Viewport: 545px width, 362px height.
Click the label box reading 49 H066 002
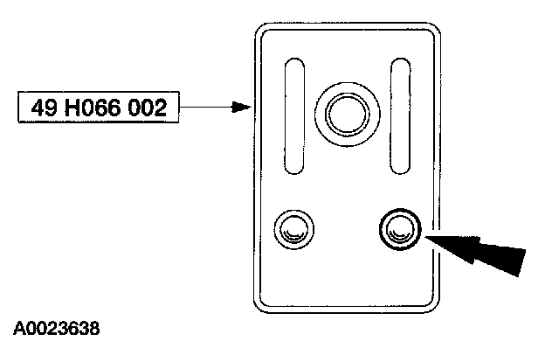pyautogui.click(x=97, y=108)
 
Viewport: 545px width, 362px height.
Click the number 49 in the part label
pyautogui.click(x=42, y=108)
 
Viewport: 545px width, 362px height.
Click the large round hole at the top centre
pyautogui.click(x=348, y=112)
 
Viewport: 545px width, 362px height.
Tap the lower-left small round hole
pyautogui.click(x=291, y=231)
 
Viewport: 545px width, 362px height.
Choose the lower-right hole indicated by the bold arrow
pyautogui.click(x=399, y=229)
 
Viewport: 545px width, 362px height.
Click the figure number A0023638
pyautogui.click(x=57, y=331)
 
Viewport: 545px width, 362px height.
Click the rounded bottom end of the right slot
pyautogui.click(x=401, y=170)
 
